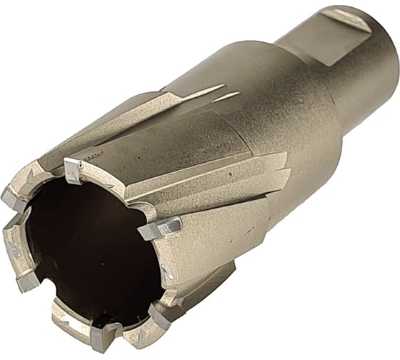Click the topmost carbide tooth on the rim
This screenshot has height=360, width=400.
(73, 169)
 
